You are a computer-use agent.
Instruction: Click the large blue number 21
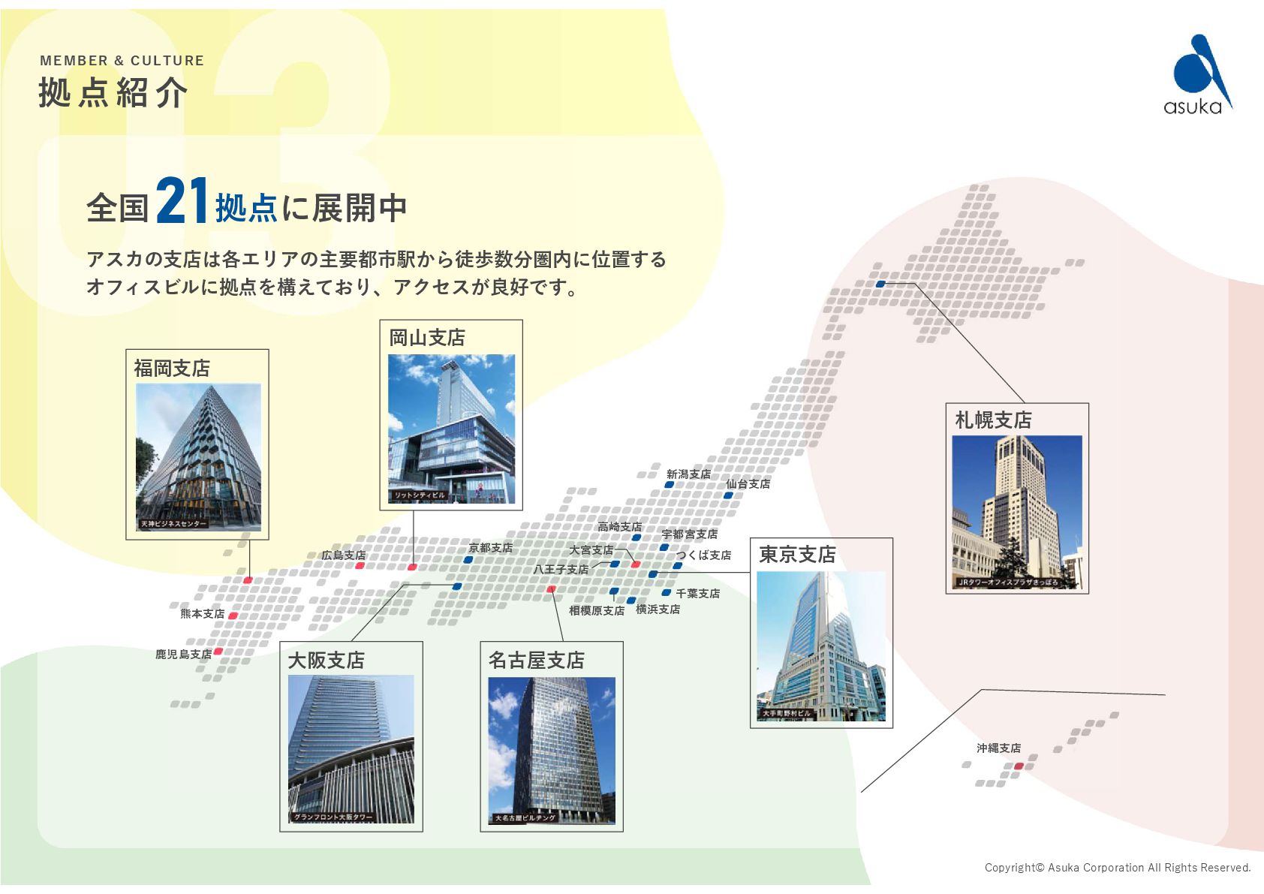tap(182, 201)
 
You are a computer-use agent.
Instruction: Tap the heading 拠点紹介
tap(113, 93)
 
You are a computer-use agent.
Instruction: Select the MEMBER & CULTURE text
tap(122, 61)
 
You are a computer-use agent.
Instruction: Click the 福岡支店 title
tap(172, 368)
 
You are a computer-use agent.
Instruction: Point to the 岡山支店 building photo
tap(451, 428)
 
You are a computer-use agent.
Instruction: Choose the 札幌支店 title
tap(993, 420)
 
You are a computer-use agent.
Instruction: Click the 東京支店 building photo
tap(821, 646)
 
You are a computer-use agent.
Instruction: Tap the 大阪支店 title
tap(327, 661)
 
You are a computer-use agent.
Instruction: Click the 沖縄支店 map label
tap(998, 748)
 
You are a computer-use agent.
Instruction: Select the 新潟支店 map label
tap(688, 474)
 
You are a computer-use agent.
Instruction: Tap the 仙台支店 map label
tap(748, 484)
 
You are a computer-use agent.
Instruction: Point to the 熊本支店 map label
tap(202, 614)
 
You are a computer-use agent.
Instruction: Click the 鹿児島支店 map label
tap(183, 655)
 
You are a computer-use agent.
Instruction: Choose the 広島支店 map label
tap(344, 555)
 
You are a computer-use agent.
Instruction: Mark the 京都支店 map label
tap(491, 548)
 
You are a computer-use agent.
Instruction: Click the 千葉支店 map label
tap(697, 594)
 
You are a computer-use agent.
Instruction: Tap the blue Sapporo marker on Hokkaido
tap(881, 284)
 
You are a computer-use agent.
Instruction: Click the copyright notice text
tap(1118, 868)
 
